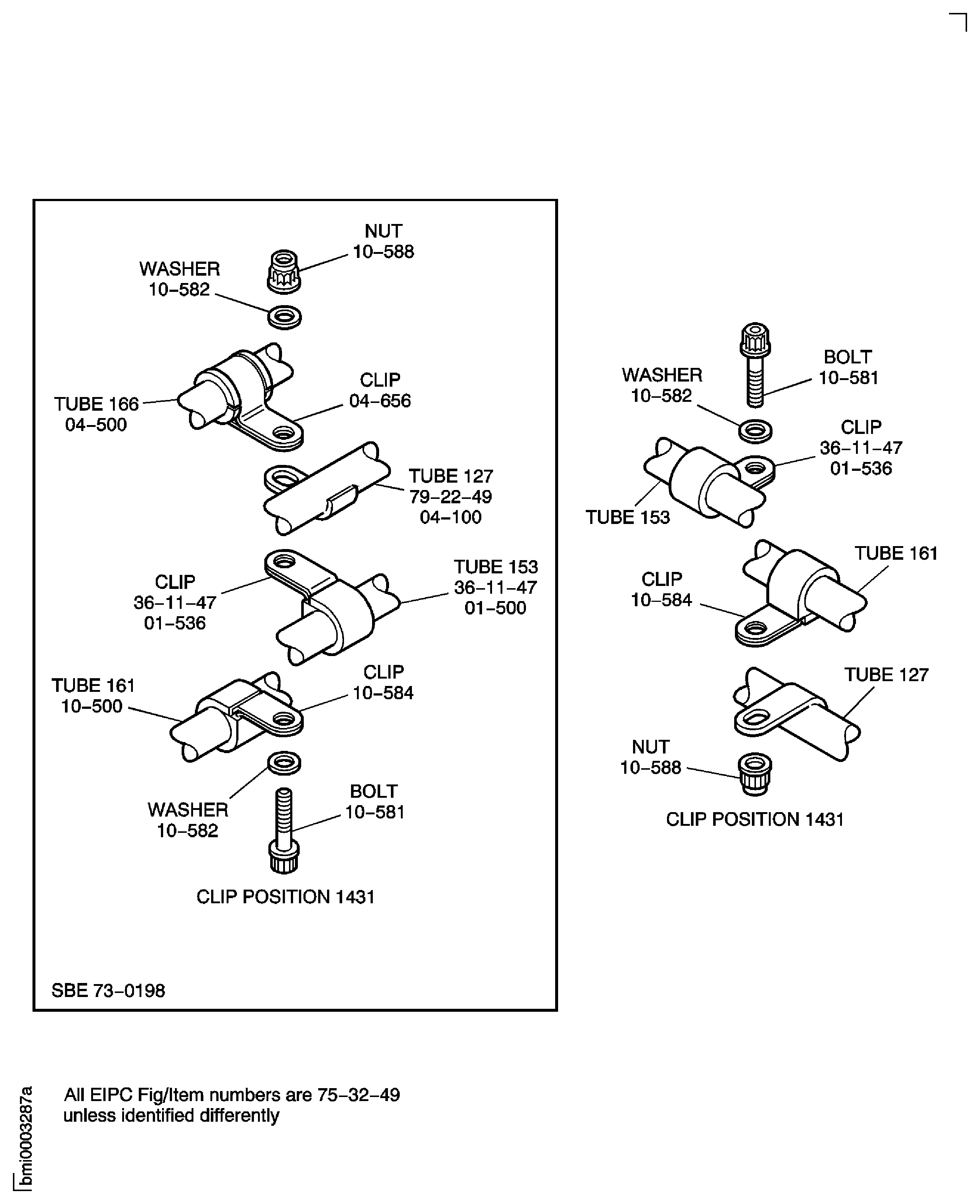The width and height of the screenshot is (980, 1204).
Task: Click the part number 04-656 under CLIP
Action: click(379, 401)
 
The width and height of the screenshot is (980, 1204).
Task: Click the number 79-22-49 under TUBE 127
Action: click(450, 497)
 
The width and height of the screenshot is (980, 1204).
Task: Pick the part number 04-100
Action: click(450, 517)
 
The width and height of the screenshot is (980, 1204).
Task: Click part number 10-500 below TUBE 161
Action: click(92, 706)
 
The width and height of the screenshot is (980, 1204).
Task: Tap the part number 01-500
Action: click(495, 608)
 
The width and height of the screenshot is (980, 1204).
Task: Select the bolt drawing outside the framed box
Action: click(755, 364)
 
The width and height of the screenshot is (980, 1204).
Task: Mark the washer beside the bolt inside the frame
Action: click(284, 763)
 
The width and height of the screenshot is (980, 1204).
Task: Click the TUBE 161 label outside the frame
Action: click(895, 553)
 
